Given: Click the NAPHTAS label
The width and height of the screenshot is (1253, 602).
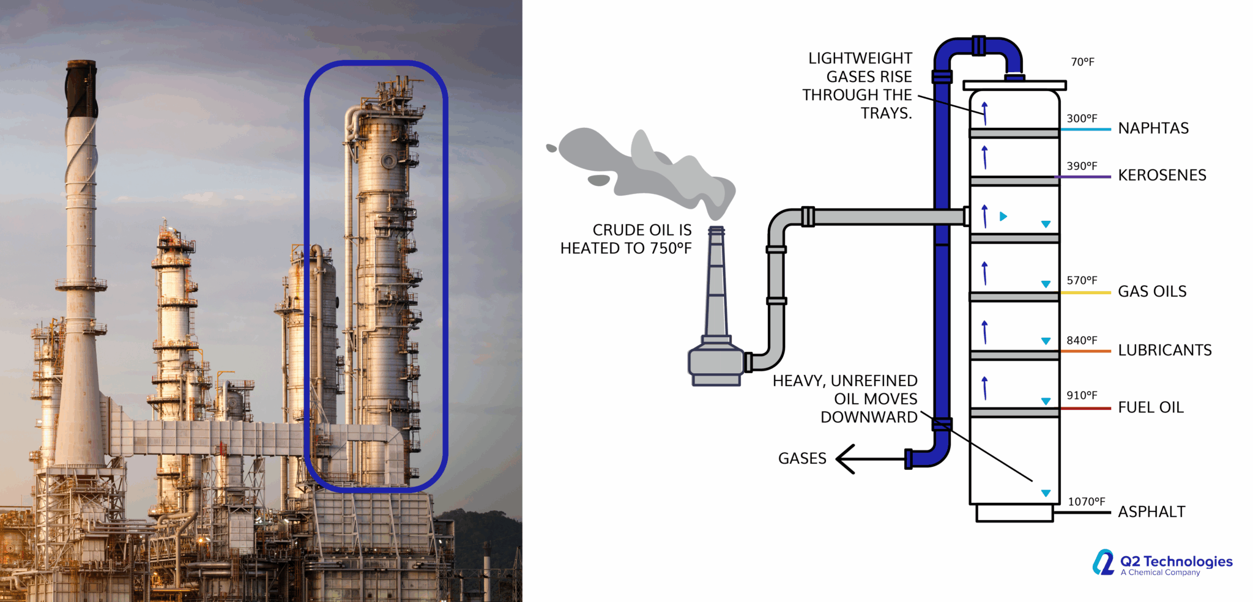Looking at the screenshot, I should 1153,128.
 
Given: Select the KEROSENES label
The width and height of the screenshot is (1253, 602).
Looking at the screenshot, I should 1161,176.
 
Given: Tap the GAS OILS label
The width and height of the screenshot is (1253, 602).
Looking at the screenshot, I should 1151,292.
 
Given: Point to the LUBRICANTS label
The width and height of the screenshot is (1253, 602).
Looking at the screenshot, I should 1164,351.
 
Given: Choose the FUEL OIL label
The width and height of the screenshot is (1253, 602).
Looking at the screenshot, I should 1150,407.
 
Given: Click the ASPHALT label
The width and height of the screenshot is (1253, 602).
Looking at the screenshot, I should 1151,512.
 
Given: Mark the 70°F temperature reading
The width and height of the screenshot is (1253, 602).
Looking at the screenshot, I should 1082,62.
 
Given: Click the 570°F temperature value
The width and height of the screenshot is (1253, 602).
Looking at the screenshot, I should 1082,281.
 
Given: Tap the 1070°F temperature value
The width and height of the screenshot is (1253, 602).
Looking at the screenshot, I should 1086,502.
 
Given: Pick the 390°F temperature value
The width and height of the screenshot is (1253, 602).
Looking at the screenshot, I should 1082,166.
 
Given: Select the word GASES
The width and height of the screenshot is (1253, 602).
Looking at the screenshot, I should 801,459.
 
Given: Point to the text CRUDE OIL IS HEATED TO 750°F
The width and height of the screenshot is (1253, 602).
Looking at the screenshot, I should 626,239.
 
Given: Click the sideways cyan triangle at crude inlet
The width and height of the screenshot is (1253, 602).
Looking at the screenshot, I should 1003,217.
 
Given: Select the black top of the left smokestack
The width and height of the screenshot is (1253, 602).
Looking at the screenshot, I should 82,89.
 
